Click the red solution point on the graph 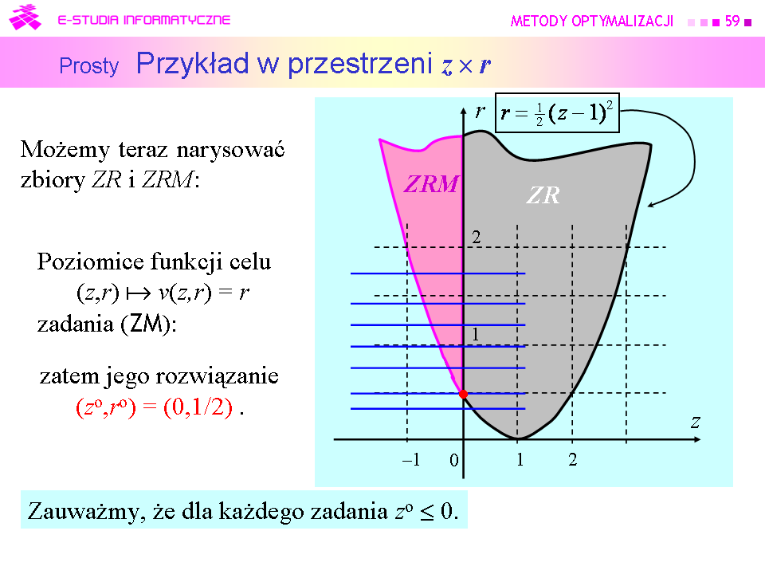coord(463,394)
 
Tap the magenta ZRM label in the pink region coord(431,184)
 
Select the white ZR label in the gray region coord(543,195)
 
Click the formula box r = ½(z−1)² coord(557,112)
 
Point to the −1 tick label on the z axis coord(411,459)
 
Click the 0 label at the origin coord(453,460)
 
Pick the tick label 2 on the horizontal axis coord(573,459)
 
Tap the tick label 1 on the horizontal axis coord(520,459)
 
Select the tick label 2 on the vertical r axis coord(477,238)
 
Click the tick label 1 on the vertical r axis coord(475,334)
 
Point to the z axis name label coord(696,422)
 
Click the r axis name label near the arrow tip coord(480,112)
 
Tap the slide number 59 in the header coord(732,21)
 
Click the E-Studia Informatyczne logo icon coord(25,18)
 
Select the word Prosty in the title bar coord(88,66)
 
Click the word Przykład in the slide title coord(192,64)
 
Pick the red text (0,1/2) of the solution coord(198,407)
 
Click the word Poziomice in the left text coord(91,261)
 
